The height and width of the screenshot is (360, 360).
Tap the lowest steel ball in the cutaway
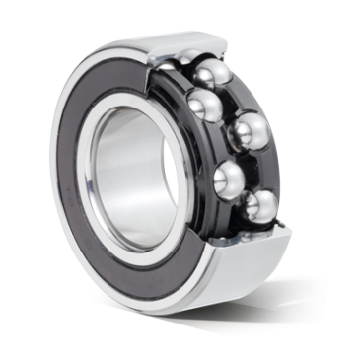[x=262, y=207]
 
